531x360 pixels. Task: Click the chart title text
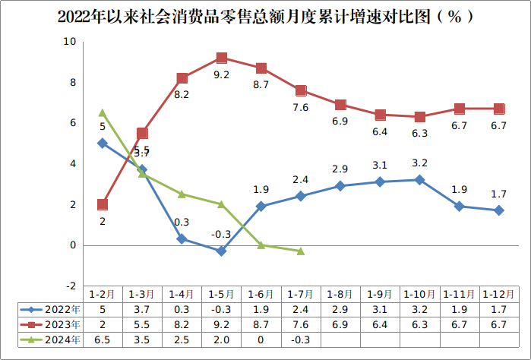(265, 16)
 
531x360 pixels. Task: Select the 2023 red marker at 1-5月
(221, 58)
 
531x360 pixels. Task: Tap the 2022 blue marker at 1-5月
(221, 251)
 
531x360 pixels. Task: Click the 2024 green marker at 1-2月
(103, 113)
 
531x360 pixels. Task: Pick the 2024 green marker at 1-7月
(301, 251)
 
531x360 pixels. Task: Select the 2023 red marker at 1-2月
(103, 204)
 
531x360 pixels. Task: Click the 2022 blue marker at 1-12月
(499, 210)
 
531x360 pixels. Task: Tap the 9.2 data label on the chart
(221, 74)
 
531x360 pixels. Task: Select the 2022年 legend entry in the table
(52, 309)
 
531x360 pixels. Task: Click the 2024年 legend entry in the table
(52, 339)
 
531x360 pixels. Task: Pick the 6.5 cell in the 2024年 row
(103, 339)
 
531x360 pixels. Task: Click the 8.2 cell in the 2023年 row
(182, 324)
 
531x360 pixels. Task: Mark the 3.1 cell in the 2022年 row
(380, 309)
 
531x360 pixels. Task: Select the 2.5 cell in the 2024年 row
(182, 339)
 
